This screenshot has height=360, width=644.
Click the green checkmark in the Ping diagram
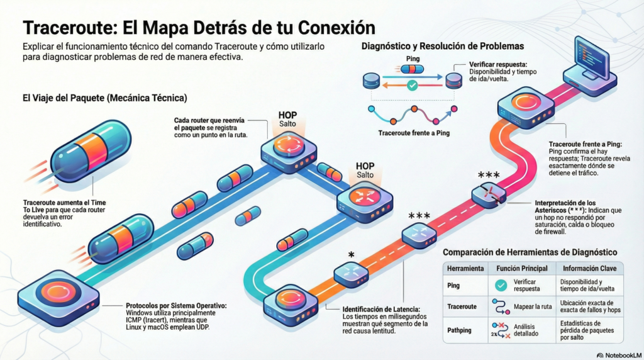412,85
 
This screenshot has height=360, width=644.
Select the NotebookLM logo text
618,355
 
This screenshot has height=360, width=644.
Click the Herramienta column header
465,268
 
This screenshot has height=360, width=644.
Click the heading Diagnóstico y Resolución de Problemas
443,47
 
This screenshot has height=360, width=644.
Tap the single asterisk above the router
351,254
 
